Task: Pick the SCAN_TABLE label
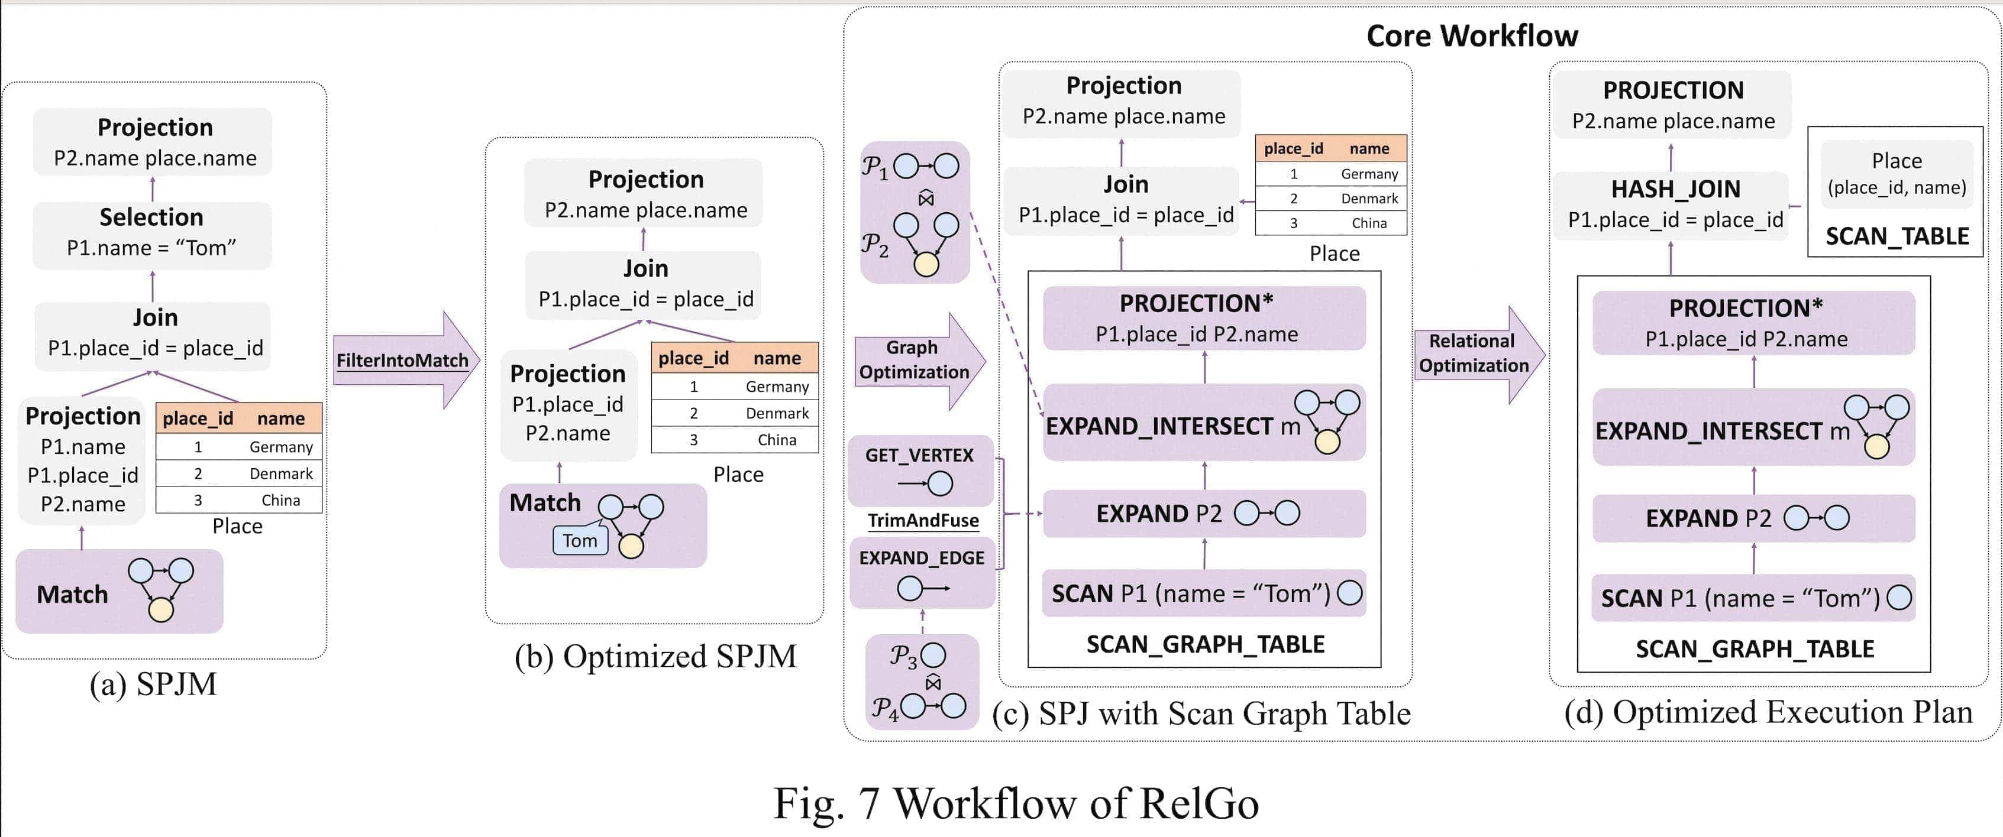(x=1897, y=236)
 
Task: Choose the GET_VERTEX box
(x=920, y=470)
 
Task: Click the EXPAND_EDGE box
(x=922, y=573)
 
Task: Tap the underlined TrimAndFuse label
(x=923, y=521)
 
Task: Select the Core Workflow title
(x=1472, y=35)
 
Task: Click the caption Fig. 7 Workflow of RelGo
(x=1016, y=803)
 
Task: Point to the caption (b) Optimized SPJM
(x=655, y=657)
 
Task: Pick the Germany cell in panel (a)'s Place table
(x=281, y=447)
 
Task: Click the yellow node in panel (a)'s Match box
(x=161, y=610)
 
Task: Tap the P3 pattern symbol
(x=903, y=657)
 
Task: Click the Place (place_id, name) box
(x=1897, y=173)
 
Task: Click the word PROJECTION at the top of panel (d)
(x=1674, y=90)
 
